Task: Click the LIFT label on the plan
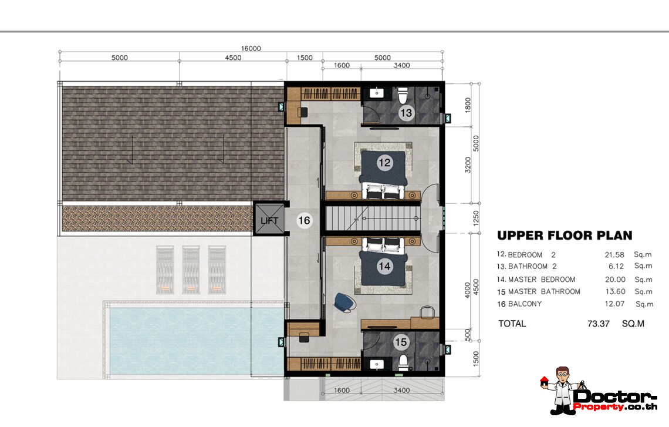click(269, 221)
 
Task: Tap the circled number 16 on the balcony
click(304, 220)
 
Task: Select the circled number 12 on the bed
click(384, 162)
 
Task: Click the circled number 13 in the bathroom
click(406, 113)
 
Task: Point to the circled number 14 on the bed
click(384, 267)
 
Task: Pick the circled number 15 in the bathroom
click(401, 342)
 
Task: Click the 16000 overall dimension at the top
click(251, 48)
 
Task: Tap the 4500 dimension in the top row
click(233, 58)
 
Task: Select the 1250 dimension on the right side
click(476, 218)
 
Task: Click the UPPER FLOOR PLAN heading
click(565, 236)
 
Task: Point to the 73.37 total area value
click(598, 324)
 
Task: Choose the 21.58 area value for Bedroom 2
click(614, 255)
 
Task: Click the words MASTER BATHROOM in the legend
click(544, 292)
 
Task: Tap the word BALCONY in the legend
click(525, 304)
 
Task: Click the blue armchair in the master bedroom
click(344, 302)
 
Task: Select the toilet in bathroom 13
click(403, 95)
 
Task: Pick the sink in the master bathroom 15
click(377, 364)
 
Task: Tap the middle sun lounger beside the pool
click(191, 270)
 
